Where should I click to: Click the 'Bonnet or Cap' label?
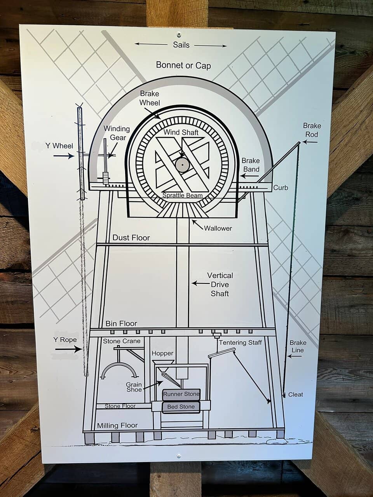coord(183,65)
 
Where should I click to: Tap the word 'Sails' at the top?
coord(181,45)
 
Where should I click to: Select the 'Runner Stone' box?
coord(181,394)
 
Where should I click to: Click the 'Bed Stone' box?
coord(181,407)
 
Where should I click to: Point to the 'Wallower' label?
coord(218,228)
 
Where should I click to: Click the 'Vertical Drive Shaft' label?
coord(220,284)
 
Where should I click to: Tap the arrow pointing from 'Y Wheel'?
coord(64,156)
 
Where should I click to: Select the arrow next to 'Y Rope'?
coord(68,349)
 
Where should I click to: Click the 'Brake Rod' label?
coord(312,130)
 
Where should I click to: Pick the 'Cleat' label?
coord(295,394)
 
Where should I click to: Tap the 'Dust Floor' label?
coord(131,238)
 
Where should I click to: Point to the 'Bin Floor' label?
coord(121,323)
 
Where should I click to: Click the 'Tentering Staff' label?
coord(240,342)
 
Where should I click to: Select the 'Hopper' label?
coord(162,353)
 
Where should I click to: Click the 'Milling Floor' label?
coord(117,426)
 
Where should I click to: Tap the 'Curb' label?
coord(281,188)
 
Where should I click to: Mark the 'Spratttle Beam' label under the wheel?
coord(182,195)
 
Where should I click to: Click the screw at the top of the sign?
coord(178,33)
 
